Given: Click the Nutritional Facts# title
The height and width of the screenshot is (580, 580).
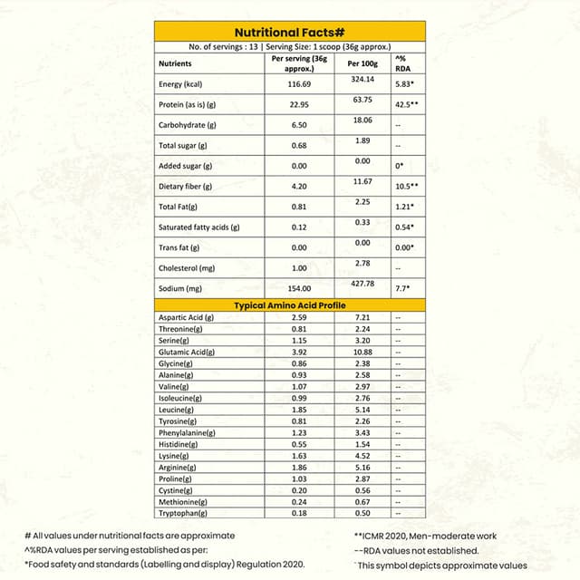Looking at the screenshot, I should [x=290, y=32].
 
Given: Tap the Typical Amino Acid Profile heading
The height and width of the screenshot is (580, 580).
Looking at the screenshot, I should [x=290, y=305].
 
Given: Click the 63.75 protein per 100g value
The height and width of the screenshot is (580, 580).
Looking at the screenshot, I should [x=362, y=99].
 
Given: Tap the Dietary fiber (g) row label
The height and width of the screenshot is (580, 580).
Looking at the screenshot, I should [x=185, y=187].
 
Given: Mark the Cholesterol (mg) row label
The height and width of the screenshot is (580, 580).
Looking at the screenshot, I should [x=187, y=268].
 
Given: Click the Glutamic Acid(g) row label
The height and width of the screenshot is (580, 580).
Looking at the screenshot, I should [x=187, y=352].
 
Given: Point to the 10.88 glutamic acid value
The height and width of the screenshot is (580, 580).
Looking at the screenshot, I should [x=362, y=352].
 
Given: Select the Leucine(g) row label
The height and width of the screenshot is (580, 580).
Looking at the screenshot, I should [x=176, y=410].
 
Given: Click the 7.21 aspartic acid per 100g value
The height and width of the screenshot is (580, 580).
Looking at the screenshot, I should [x=362, y=317].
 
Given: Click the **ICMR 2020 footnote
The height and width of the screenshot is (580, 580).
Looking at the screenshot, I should [x=422, y=536].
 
